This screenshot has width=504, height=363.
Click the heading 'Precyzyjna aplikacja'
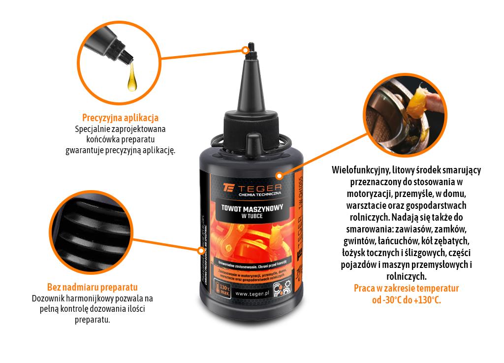click(x=120, y=118)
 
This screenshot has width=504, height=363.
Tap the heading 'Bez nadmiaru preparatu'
click(x=92, y=287)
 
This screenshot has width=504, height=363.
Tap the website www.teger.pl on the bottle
click(x=251, y=293)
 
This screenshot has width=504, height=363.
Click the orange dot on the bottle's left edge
click(x=200, y=250)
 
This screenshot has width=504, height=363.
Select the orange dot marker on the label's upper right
click(x=278, y=175)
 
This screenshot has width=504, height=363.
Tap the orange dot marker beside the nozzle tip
click(x=245, y=50)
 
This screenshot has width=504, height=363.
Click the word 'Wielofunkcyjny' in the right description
click(x=354, y=170)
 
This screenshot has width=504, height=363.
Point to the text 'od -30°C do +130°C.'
click(x=406, y=300)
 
